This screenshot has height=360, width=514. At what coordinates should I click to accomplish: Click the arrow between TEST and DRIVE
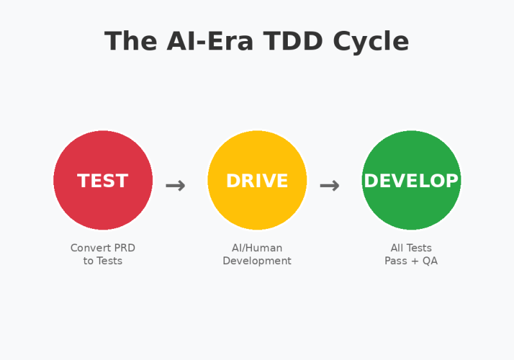175,186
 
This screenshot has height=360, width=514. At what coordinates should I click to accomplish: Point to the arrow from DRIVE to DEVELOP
330,186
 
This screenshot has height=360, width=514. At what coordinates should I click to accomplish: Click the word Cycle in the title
371,42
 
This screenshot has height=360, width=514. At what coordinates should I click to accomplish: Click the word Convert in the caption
89,248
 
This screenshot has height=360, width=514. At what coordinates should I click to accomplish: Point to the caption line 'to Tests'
103,261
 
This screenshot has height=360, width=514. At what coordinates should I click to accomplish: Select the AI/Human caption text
257,248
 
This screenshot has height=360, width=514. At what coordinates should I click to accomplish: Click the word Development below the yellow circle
257,261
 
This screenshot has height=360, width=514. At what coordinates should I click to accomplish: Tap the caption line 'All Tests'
411,248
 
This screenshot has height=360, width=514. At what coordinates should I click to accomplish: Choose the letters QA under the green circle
430,261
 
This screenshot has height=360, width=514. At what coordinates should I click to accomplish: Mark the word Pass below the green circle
396,261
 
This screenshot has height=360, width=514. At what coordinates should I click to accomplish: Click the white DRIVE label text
257,181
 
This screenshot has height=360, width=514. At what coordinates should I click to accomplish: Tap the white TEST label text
103,181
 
